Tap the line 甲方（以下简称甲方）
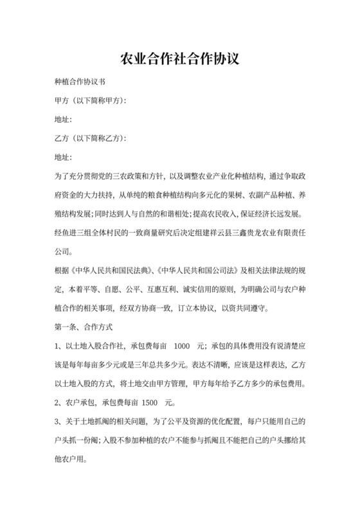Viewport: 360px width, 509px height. [x=90, y=101]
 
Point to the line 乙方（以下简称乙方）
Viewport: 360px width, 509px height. [x=90, y=138]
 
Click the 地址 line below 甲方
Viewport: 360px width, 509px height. [x=64, y=120]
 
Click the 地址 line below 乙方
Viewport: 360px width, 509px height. [x=64, y=157]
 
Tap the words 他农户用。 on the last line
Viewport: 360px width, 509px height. [x=69, y=460]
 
